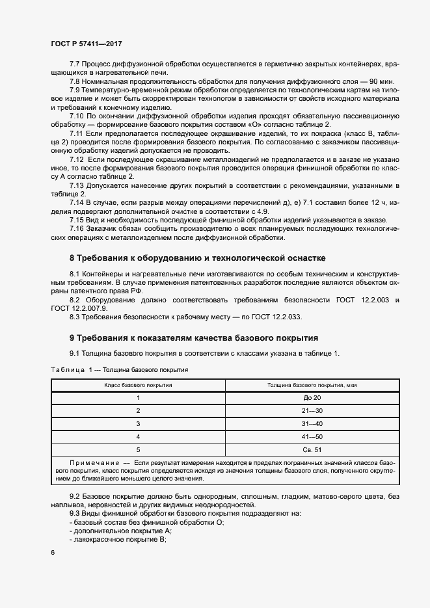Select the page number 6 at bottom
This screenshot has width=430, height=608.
pyautogui.click(x=53, y=552)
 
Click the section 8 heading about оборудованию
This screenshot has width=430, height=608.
pyautogui.click(x=197, y=258)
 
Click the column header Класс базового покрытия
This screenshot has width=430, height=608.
pyautogui.click(x=138, y=385)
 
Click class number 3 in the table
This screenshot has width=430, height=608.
pyautogui.click(x=138, y=423)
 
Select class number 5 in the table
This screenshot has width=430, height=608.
pyautogui.click(x=138, y=449)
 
